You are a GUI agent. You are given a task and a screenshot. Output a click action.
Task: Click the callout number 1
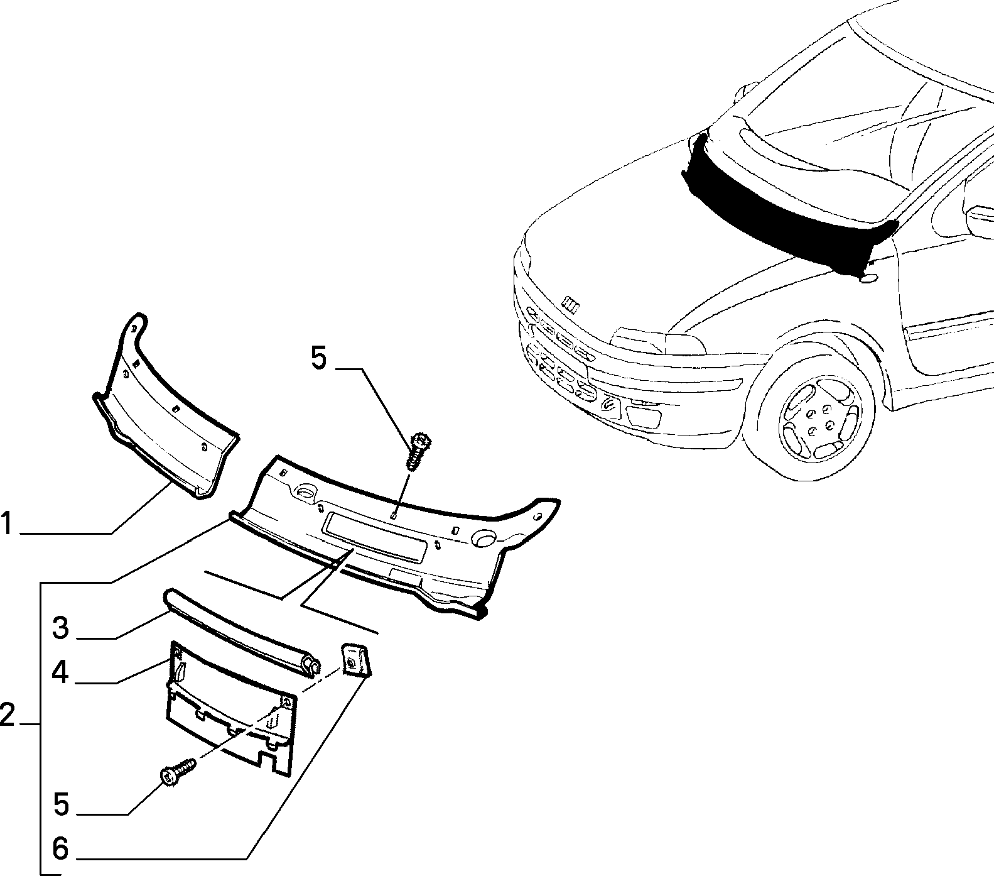7,523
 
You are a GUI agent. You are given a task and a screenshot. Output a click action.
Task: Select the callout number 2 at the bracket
7,714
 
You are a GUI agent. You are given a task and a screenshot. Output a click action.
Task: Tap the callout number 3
60,627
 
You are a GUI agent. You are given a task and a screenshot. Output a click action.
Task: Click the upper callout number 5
319,359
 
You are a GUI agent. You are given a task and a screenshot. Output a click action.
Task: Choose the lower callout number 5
60,804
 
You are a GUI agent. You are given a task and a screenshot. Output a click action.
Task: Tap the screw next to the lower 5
178,771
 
